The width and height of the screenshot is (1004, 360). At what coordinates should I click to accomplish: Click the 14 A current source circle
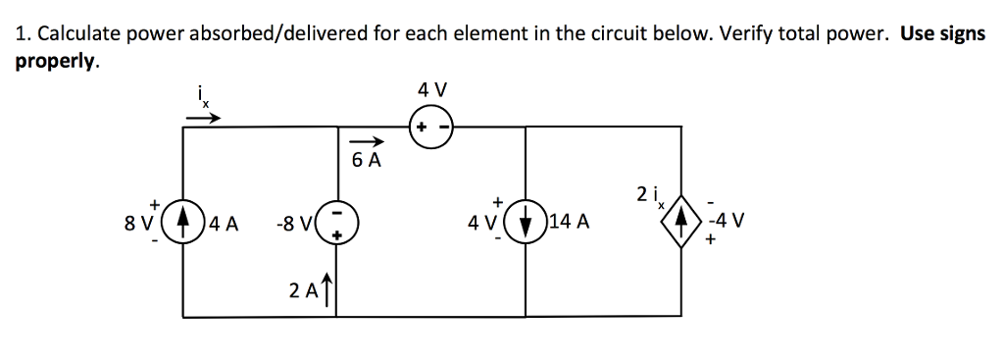527,222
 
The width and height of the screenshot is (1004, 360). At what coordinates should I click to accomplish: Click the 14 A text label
570,223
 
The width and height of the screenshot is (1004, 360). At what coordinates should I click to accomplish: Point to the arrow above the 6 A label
364,141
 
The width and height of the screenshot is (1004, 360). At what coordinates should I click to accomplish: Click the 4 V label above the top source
431,90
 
